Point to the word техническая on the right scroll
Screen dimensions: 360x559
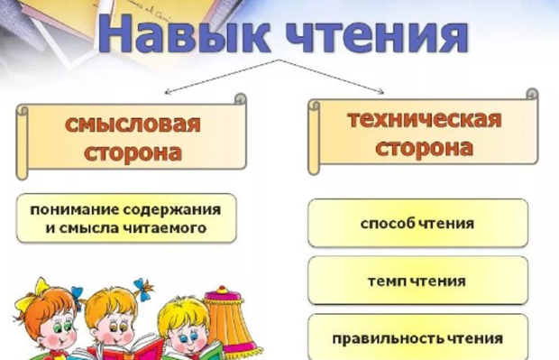click(424, 118)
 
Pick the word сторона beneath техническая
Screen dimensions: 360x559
click(424, 148)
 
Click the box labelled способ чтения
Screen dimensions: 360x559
click(417, 223)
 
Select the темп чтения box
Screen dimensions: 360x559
click(417, 281)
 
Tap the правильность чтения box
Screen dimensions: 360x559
click(417, 338)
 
